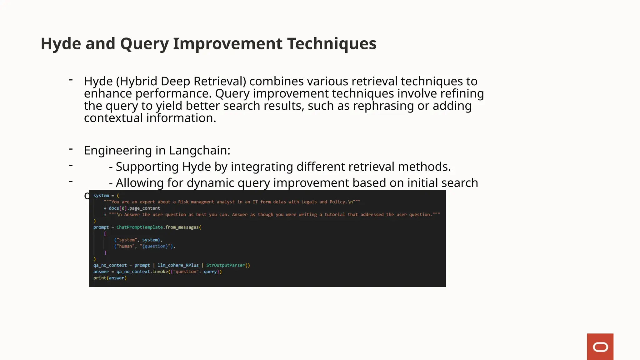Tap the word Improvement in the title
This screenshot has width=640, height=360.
228,43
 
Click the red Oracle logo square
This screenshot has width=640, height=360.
600,347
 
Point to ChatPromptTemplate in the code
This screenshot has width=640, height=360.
140,227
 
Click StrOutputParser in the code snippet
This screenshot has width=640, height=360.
225,265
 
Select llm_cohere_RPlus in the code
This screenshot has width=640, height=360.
178,265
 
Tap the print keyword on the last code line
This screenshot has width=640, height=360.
100,278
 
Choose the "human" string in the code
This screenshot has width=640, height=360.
126,246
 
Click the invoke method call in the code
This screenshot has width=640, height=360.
160,272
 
